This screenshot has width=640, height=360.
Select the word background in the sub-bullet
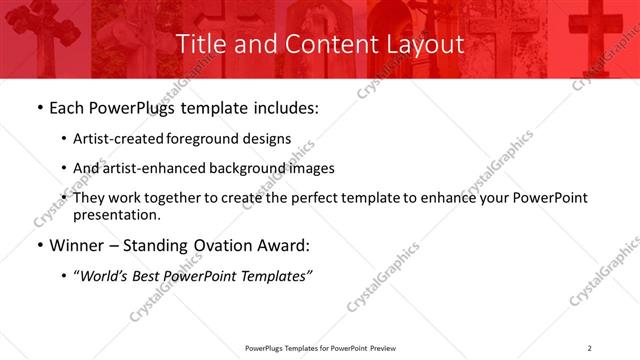pyautogui.click(x=246, y=169)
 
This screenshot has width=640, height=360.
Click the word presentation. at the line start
pyautogui.click(x=116, y=215)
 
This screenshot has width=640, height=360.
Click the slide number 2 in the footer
pyautogui.click(x=590, y=348)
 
